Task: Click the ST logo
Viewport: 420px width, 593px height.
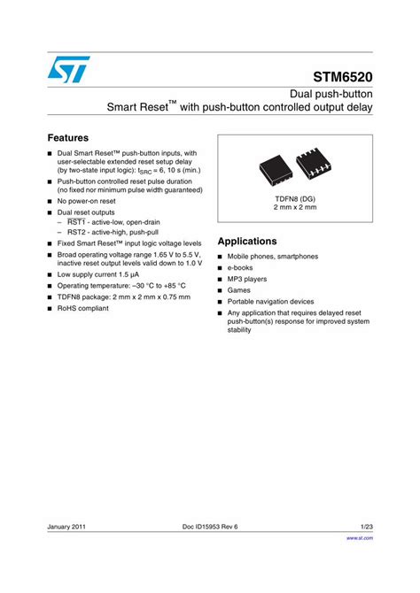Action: [x=70, y=70]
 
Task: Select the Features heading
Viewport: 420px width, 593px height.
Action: [x=67, y=138]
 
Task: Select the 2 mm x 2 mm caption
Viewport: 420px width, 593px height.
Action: [x=294, y=208]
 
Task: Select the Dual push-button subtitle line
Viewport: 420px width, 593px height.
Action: [x=331, y=93]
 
